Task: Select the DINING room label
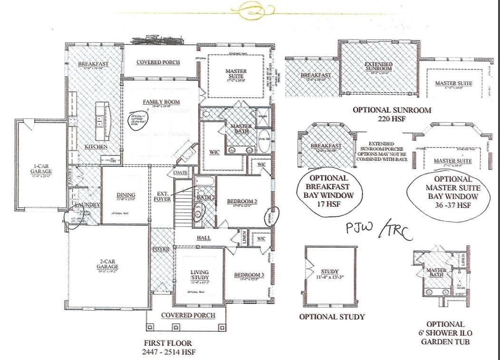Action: click(125, 195)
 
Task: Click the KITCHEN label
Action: click(96, 146)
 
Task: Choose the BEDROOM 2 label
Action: click(242, 202)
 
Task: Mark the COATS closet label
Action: click(180, 173)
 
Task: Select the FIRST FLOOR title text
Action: click(168, 343)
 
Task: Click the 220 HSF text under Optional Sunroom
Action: click(392, 119)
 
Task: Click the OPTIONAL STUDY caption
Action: click(332, 317)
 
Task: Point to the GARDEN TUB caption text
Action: click(445, 341)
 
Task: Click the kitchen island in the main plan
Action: click(103, 117)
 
